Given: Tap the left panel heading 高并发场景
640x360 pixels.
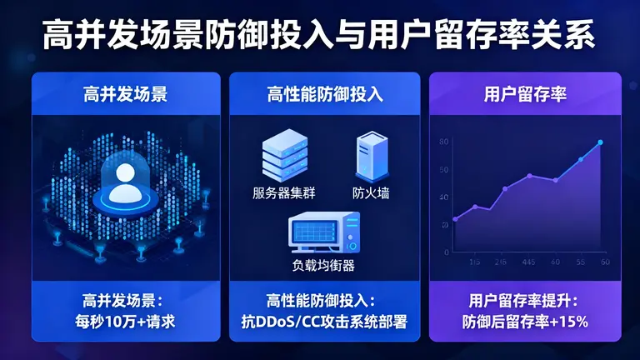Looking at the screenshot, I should click(x=126, y=93).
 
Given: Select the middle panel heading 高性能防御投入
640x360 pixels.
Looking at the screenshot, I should click(x=325, y=93).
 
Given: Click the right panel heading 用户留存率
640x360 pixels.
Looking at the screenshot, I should click(x=525, y=93).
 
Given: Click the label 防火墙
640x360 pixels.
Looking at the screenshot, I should click(x=371, y=194).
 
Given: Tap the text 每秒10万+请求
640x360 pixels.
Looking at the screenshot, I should click(x=126, y=320).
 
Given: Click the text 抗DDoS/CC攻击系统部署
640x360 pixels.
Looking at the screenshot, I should click(x=325, y=320).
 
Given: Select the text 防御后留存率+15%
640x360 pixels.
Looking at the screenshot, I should click(x=525, y=320).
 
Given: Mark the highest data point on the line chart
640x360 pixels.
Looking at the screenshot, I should click(x=600, y=142).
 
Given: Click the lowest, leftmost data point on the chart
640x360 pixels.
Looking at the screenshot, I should click(x=455, y=219).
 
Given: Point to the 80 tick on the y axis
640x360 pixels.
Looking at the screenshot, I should click(x=444, y=142).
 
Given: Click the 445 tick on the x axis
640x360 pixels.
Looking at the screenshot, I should click(x=528, y=262).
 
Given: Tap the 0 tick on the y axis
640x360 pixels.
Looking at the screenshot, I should click(x=447, y=252).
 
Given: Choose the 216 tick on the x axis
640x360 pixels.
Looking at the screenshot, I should click(x=501, y=262).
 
